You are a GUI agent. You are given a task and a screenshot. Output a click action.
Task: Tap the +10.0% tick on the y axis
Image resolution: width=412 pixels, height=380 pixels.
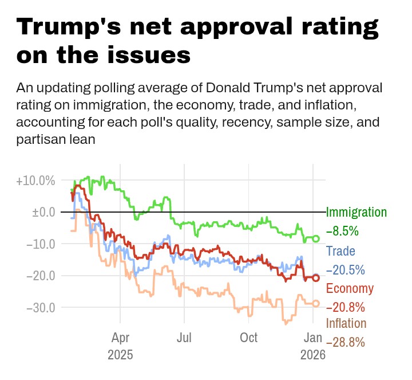tap(35, 181)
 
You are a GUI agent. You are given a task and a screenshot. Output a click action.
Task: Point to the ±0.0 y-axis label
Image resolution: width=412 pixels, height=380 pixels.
tap(43, 212)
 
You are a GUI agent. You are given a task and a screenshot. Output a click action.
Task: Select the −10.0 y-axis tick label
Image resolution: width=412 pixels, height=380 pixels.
tap(41, 244)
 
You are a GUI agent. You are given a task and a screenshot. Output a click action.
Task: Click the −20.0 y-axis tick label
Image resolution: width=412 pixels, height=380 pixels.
tap(41, 275)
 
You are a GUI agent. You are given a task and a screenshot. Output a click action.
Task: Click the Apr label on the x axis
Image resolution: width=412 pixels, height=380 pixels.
tap(120, 336)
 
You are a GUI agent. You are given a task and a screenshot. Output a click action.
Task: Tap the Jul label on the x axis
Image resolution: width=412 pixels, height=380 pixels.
tap(184, 336)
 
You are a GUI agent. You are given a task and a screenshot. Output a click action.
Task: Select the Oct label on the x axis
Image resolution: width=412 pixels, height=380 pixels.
tap(249, 336)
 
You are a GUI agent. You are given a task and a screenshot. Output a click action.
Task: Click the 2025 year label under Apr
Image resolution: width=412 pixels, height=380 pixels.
tap(120, 355)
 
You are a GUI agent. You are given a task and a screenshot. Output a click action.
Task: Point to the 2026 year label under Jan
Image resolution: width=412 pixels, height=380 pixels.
tap(313, 355)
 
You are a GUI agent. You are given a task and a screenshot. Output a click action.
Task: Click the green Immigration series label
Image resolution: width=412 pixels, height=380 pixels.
tap(356, 212)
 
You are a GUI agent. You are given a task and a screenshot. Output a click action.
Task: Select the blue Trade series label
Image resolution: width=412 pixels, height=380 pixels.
tap(340, 250)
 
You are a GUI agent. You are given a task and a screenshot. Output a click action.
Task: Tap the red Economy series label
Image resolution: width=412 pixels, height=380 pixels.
tap(350, 288)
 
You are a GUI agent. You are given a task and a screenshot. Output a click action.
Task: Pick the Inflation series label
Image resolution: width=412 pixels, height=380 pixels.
tap(346, 323)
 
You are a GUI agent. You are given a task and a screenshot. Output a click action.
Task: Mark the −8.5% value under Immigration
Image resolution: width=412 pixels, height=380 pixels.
tap(342, 232)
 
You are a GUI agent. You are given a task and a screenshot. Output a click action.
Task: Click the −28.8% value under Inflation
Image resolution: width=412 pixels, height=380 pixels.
tap(346, 342)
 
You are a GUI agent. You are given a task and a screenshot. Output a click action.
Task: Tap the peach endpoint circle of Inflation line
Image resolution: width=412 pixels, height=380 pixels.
tap(316, 303)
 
